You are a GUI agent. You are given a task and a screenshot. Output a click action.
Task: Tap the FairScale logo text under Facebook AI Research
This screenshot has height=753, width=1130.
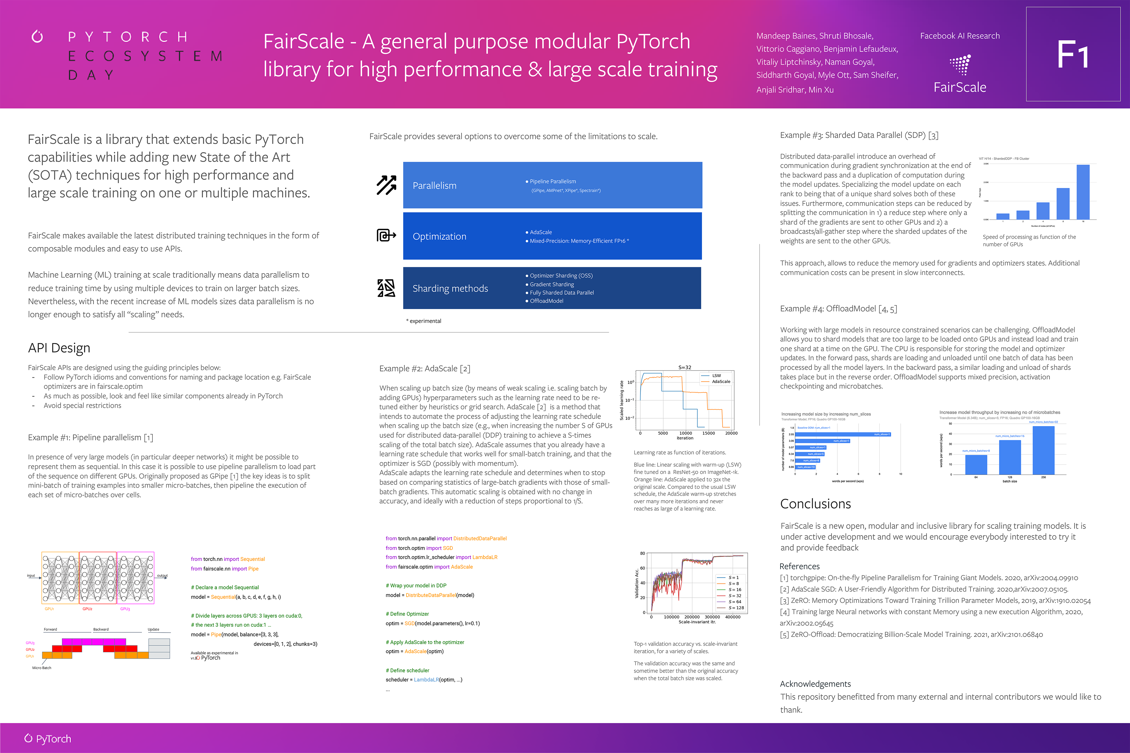(959, 87)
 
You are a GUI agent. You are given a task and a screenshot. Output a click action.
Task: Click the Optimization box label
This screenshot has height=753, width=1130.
(439, 237)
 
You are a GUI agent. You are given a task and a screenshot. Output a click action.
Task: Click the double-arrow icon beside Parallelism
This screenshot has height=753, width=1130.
(386, 185)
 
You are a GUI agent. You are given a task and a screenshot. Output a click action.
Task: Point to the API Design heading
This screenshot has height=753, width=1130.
(59, 348)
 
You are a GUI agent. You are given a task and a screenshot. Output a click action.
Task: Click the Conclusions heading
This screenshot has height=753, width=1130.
(815, 504)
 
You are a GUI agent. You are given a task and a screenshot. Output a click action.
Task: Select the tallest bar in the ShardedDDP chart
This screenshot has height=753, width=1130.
(1083, 192)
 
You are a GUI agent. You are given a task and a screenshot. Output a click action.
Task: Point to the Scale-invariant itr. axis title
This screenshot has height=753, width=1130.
(697, 622)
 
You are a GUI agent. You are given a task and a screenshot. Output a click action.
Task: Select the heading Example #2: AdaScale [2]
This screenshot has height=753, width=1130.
(425, 369)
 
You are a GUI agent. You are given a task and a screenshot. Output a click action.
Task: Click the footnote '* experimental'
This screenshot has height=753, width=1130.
(424, 321)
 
